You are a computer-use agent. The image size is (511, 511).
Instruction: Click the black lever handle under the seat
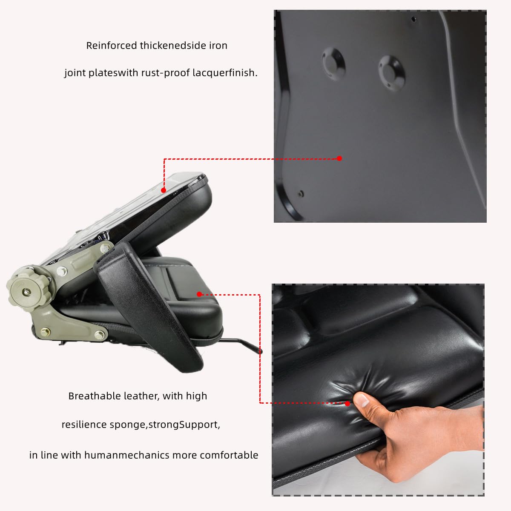243,344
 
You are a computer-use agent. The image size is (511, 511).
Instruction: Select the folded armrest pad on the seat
149,307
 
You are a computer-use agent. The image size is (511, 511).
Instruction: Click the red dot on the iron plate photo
339,158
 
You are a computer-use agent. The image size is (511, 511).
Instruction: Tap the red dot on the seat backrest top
164,191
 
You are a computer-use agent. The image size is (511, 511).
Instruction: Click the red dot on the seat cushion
199,294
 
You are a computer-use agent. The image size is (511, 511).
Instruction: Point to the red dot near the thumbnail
347,403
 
